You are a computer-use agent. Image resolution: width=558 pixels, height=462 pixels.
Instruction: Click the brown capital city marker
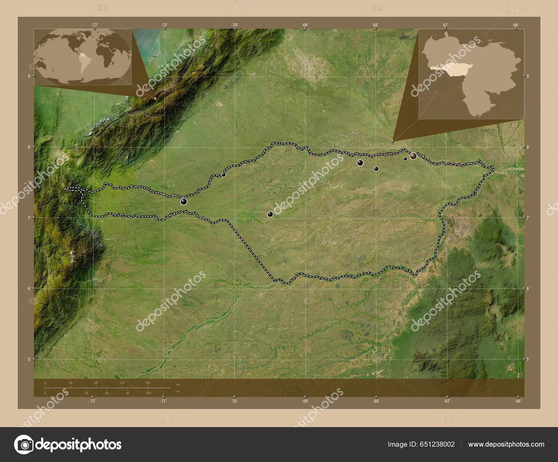(x=413, y=156)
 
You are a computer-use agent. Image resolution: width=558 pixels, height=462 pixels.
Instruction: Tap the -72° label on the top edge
(x=94, y=25)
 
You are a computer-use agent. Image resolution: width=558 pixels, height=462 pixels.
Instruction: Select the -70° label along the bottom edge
(x=234, y=401)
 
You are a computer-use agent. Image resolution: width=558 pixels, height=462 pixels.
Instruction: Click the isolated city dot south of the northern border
(x=270, y=214)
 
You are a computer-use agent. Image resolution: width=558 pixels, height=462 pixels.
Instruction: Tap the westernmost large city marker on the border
(x=184, y=201)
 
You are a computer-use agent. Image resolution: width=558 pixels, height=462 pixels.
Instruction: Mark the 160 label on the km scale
(x=148, y=383)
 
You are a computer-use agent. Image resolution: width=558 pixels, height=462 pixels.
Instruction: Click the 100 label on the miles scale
(x=148, y=393)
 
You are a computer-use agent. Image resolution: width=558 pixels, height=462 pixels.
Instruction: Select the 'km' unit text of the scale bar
(x=178, y=385)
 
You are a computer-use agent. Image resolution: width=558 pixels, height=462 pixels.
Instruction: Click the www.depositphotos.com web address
(x=506, y=444)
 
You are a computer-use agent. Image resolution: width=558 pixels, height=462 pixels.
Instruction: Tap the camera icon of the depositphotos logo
(x=24, y=445)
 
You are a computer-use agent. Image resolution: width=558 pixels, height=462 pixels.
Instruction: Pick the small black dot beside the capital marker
(x=405, y=159)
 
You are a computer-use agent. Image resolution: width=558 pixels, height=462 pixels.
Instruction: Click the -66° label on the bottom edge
(x=518, y=401)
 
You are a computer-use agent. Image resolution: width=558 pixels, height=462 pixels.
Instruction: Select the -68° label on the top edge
(x=375, y=25)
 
